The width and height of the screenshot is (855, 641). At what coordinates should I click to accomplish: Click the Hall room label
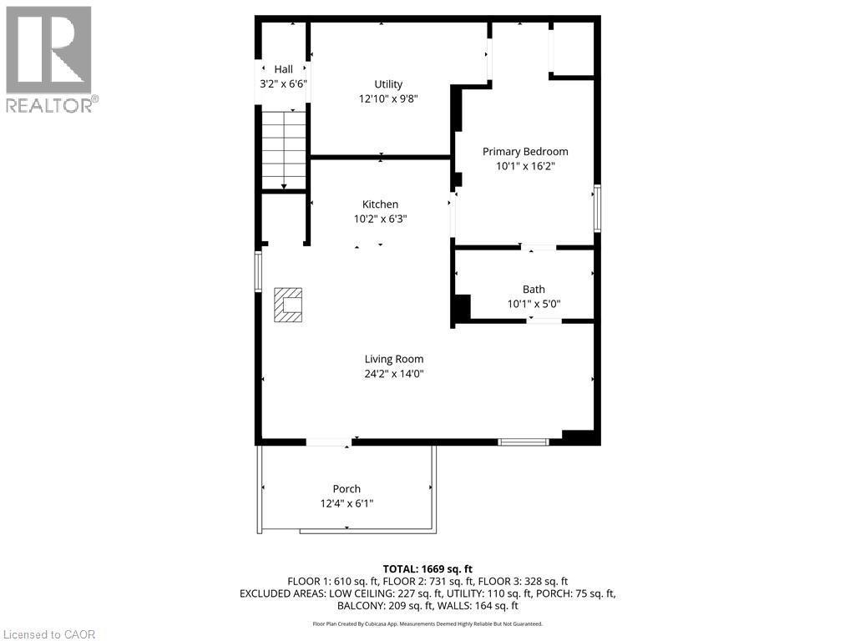pyautogui.click(x=283, y=69)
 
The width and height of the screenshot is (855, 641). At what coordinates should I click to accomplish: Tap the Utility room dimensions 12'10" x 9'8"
pyautogui.click(x=388, y=98)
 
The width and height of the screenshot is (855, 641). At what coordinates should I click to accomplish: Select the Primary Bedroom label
pyautogui.click(x=525, y=151)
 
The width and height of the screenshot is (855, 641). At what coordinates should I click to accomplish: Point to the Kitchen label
pyautogui.click(x=380, y=204)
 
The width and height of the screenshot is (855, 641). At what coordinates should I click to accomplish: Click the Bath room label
pyautogui.click(x=534, y=290)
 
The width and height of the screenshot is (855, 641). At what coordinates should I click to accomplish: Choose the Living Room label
pyautogui.click(x=394, y=360)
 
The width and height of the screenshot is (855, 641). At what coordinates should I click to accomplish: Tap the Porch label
pyautogui.click(x=347, y=489)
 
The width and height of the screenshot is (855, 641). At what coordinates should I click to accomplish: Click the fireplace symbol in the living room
pyautogui.click(x=288, y=305)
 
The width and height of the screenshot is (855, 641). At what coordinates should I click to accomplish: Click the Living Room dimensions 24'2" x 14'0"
pyautogui.click(x=394, y=374)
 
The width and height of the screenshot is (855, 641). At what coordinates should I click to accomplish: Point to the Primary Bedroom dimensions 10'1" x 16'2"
pyautogui.click(x=525, y=166)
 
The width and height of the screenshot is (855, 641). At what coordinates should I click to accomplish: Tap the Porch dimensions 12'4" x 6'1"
pyautogui.click(x=347, y=503)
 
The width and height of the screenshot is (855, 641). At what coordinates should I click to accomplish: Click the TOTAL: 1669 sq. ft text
pyautogui.click(x=427, y=568)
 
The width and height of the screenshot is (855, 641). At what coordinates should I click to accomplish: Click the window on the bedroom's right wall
pyautogui.click(x=596, y=208)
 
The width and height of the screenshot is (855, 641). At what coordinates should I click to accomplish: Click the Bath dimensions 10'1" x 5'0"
pyautogui.click(x=534, y=304)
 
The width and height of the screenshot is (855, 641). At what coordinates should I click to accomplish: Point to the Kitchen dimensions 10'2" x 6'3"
pyautogui.click(x=380, y=219)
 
